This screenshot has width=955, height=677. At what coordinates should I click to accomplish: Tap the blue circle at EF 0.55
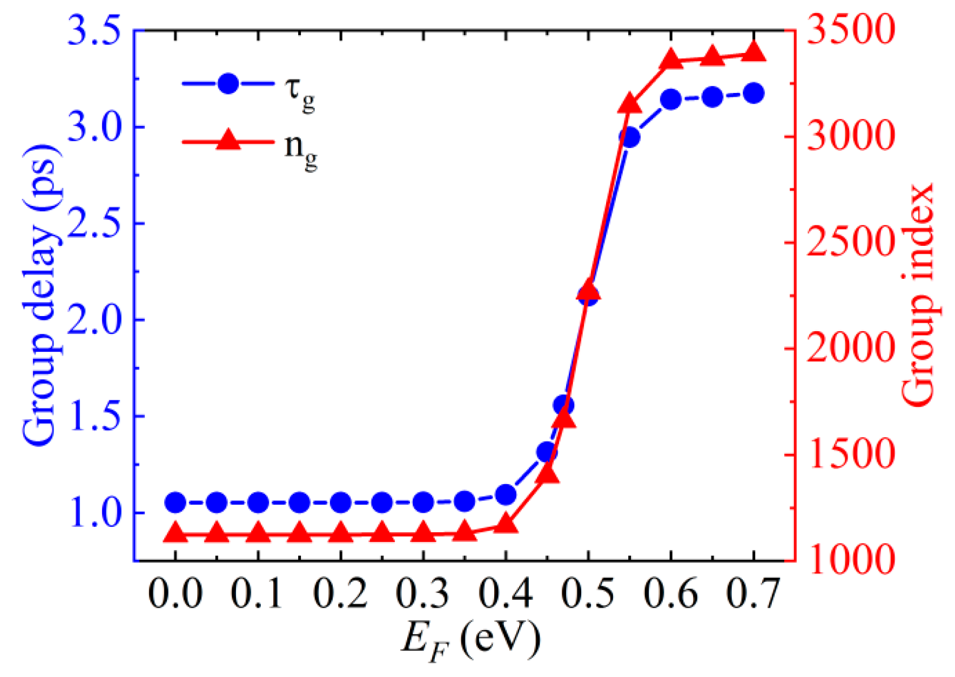[x=629, y=137]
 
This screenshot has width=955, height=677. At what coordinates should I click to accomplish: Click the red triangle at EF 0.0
[x=176, y=533]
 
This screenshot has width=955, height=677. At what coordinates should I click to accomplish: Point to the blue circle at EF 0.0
[x=176, y=502]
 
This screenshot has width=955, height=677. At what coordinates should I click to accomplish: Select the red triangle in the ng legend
[x=228, y=140]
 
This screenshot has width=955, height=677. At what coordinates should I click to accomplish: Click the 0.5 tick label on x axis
[x=588, y=594]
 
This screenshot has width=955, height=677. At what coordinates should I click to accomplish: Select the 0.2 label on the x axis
[x=340, y=594]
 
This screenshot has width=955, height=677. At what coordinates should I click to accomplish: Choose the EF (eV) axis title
[x=470, y=640]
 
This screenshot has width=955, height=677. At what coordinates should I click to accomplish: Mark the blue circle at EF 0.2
[x=341, y=502]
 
